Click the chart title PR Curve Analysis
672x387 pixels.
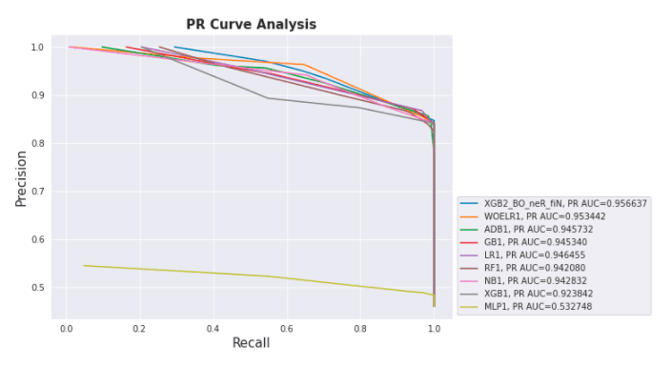[251, 24]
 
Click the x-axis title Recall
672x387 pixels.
[251, 342]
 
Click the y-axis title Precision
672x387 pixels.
[20, 178]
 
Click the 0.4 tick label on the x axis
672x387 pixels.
[214, 327]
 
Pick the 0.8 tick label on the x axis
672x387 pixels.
[360, 327]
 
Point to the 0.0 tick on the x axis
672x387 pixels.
[67, 327]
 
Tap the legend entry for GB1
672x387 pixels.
[537, 243]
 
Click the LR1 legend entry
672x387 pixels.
[537, 256]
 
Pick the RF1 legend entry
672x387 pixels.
[537, 270]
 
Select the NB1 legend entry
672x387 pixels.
[537, 282]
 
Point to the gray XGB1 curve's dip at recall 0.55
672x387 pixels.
[268, 97]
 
